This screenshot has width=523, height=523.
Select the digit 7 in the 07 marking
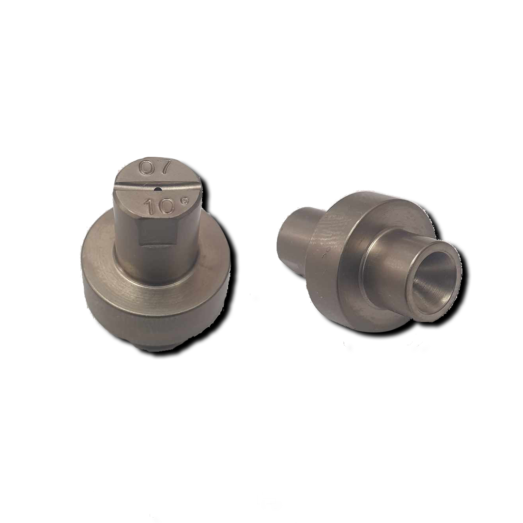[164, 168]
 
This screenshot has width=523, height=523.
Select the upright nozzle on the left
[155, 257]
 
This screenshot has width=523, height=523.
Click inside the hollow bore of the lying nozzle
[433, 281]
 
